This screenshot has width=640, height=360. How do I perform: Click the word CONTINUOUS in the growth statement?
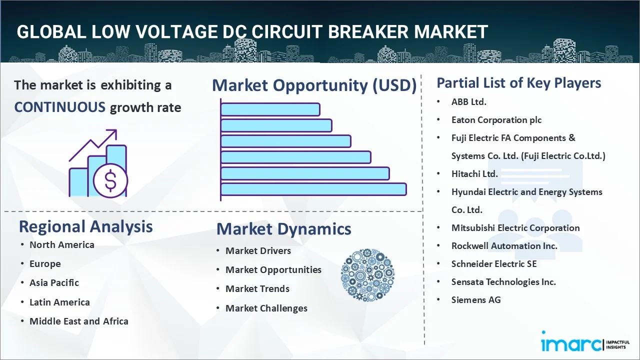[59, 107]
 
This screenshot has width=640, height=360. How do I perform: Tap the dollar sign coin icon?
[110, 181]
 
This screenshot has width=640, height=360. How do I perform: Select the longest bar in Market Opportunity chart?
[313, 189]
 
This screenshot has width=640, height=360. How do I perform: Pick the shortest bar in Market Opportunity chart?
[270, 109]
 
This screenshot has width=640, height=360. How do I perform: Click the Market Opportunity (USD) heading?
[314, 85]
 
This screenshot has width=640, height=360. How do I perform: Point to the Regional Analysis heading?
[85, 226]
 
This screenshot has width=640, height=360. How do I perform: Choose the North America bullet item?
[61, 244]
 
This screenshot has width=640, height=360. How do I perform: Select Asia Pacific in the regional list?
[54, 282]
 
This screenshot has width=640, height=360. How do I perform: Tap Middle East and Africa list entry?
[78, 321]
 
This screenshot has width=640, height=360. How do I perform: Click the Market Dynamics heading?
[283, 229]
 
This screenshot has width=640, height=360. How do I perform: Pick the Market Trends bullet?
[257, 288]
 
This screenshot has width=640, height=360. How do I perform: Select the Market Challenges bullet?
[266, 308]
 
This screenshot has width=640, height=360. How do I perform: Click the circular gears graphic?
[367, 275]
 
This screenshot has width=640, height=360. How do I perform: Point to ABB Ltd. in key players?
[468, 101]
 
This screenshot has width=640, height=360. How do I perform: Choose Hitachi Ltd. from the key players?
[474, 173]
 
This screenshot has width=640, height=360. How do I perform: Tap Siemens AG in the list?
[475, 299]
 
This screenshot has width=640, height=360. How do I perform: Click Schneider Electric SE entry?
[493, 263]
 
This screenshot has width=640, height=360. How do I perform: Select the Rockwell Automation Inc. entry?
[504, 245]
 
